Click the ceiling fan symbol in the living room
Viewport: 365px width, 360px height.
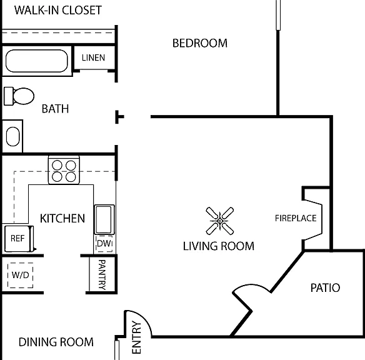coord(220,221)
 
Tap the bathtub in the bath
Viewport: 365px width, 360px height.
coord(36,61)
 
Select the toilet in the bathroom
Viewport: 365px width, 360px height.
coord(19,96)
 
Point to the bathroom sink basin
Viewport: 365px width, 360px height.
coord(12,136)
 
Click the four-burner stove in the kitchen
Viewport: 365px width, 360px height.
coord(64,170)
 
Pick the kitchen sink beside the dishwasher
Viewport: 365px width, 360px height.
coord(104,219)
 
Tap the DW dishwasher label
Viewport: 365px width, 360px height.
coord(104,243)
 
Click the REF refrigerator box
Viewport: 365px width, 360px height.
coord(19,239)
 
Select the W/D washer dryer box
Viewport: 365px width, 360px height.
coord(20,275)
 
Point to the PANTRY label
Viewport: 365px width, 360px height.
coord(102,274)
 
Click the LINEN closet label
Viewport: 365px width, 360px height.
coord(93,57)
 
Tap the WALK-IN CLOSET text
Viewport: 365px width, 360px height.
coord(58,10)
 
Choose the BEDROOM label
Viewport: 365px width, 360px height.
coord(200,43)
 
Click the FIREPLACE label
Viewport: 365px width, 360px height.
coord(296,218)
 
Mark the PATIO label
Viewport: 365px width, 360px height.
coord(325,288)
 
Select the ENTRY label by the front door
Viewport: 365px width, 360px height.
coord(136,337)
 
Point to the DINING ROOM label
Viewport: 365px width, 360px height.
coord(56,342)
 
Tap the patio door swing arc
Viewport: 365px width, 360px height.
coord(251,285)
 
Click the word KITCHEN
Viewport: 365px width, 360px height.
coord(62,218)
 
